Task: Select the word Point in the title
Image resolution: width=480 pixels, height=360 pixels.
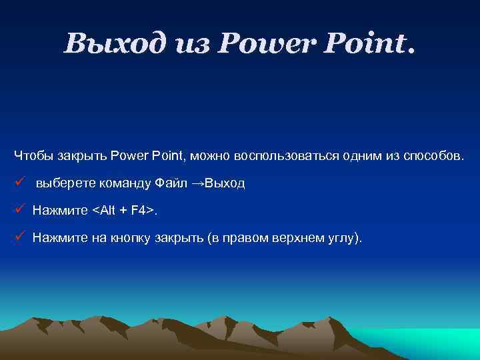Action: tap(370, 44)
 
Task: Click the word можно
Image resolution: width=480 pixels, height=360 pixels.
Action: tap(210, 156)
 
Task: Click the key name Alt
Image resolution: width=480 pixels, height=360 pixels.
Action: tap(106, 211)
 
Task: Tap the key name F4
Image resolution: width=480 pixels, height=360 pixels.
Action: tap(139, 211)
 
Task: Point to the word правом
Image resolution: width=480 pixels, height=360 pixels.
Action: tap(248, 237)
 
